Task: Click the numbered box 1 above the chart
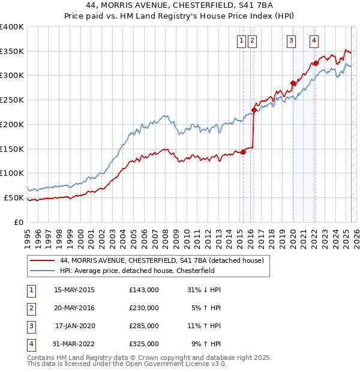[x=241, y=41]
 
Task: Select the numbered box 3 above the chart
[x=291, y=41]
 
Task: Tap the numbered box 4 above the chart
[x=314, y=41]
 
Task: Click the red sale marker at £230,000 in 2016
[x=254, y=110]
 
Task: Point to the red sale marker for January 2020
[x=293, y=83]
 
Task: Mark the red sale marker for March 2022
[x=316, y=63]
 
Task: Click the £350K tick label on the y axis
[x=12, y=52]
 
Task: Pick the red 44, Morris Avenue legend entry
[x=163, y=260]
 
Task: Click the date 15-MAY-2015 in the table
[x=74, y=290]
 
